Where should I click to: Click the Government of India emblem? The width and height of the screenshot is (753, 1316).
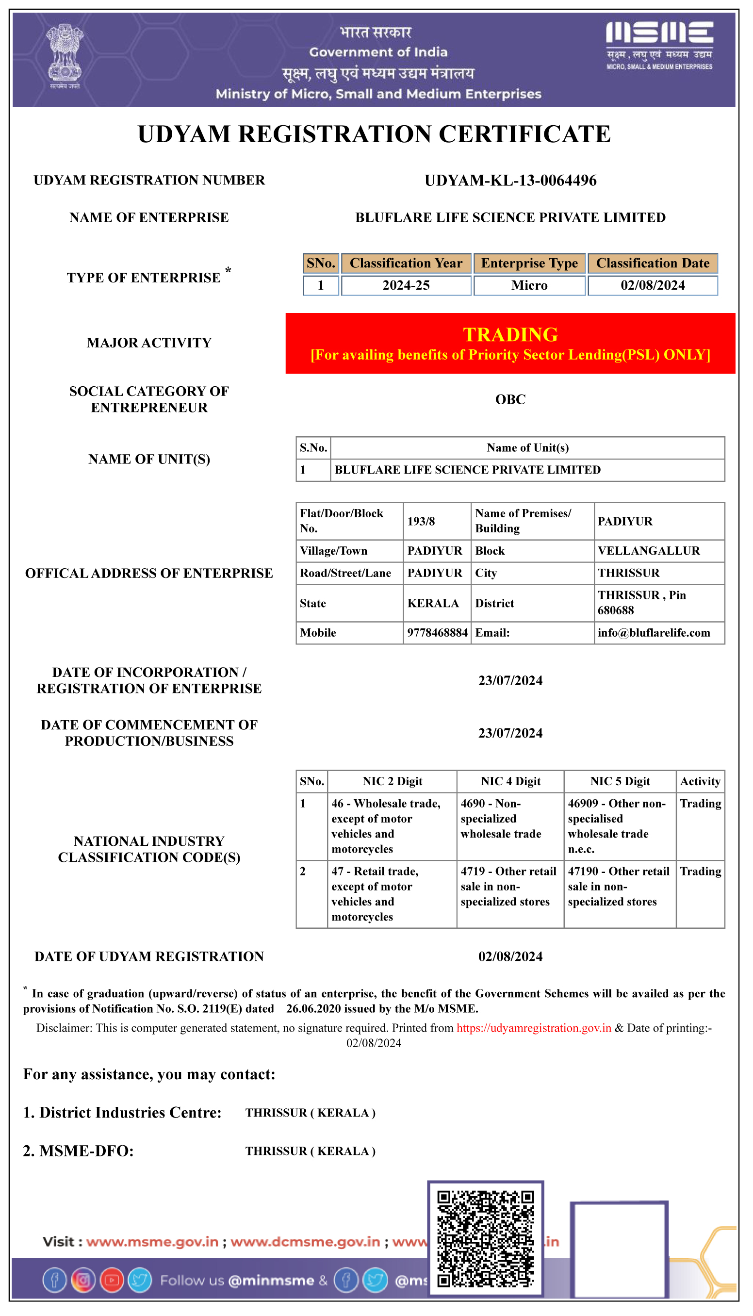(x=65, y=56)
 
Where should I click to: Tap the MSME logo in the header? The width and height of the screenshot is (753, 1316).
(x=659, y=46)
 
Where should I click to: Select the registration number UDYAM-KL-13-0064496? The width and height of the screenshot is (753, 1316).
(x=510, y=181)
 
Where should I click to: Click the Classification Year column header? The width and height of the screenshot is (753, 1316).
(x=406, y=263)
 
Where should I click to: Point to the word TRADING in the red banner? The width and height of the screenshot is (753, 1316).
(x=510, y=334)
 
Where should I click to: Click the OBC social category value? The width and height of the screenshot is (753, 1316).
(x=510, y=400)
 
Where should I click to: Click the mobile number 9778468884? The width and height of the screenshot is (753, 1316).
(x=437, y=632)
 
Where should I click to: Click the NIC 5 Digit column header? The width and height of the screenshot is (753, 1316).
(x=620, y=781)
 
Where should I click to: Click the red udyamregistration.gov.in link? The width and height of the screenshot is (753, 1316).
(x=534, y=1028)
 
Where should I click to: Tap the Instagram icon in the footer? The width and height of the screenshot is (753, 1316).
(x=83, y=1280)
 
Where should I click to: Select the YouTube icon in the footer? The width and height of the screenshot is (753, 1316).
(x=111, y=1280)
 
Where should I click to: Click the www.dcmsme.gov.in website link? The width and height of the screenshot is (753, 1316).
(x=305, y=1242)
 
